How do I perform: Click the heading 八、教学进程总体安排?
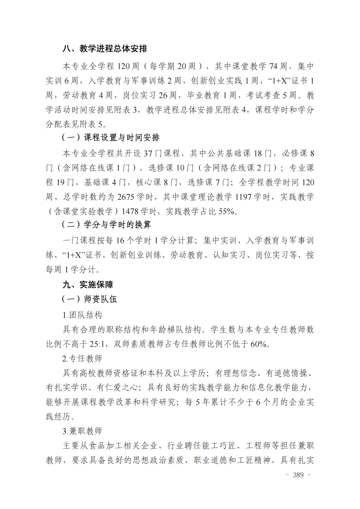tap(105, 49)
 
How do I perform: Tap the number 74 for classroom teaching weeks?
tap(273, 66)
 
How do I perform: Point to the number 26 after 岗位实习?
tap(163, 95)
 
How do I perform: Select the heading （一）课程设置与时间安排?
tap(110, 138)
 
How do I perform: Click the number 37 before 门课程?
tap(148, 154)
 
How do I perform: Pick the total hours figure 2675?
tap(126, 197)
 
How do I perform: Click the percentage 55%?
tap(226, 212)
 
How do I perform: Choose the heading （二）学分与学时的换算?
tap(106, 225)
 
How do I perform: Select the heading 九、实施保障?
tap(88, 285)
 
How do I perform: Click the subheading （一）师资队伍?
tap(89, 299)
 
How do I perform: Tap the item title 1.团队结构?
tap(82, 315)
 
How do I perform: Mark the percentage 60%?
tap(258, 344)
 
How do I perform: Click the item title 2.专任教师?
tap(82, 359)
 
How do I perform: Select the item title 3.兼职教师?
tap(82, 431)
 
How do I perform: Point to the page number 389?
tap(298, 475)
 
